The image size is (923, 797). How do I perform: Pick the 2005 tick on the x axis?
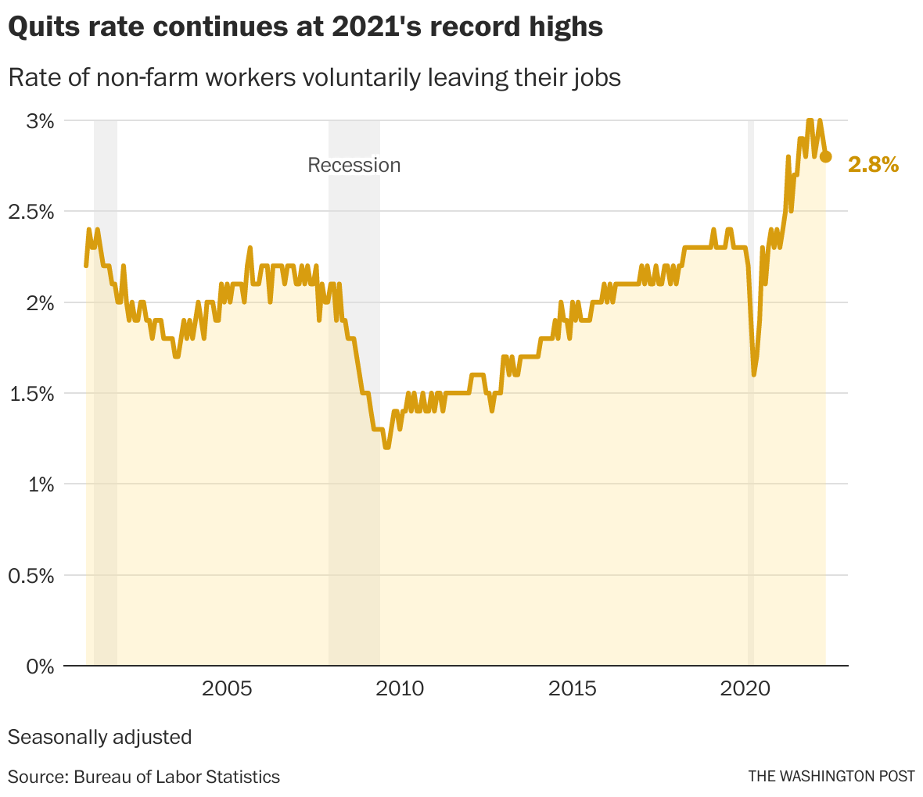[227, 688]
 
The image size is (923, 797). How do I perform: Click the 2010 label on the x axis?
[400, 688]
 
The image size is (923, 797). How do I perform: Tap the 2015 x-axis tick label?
[573, 688]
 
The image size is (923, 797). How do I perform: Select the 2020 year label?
[745, 688]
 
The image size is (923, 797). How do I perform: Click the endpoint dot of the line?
[825, 156]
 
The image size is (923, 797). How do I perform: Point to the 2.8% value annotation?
[873, 164]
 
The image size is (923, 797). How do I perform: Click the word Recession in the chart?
[354, 165]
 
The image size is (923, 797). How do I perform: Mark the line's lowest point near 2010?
[386, 447]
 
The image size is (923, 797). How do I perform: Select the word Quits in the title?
[40, 27]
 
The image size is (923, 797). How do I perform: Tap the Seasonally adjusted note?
[99, 737]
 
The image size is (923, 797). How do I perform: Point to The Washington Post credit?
[831, 777]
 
